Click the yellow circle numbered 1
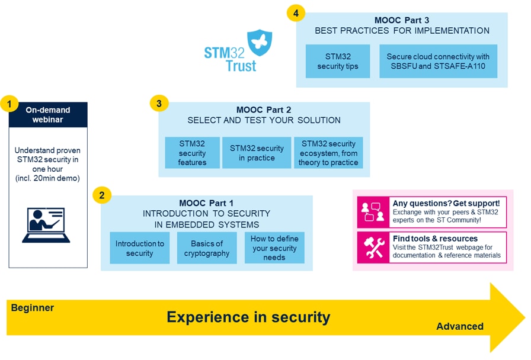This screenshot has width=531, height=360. pos(9,105)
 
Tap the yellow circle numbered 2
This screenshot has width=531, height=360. pos(101,195)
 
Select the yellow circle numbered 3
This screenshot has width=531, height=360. pos(159,104)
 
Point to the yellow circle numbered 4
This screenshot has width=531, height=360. pos(296,13)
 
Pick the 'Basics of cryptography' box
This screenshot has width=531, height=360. pos(207,248)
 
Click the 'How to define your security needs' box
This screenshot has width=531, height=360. pos(274,247)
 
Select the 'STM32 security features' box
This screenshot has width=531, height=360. pos(192,153)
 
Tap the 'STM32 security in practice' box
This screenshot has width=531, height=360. pos(257,153)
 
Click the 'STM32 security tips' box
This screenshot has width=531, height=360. pos(338,61)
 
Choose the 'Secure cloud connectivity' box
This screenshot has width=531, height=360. pos(438,61)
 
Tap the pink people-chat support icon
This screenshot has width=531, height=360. pos(372,212)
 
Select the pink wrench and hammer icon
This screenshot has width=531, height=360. pos(372,247)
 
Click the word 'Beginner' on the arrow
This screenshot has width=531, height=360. pos(33,308)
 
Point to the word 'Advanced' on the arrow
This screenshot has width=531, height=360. pos(460,326)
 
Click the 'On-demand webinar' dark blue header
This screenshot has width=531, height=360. pos(48,115)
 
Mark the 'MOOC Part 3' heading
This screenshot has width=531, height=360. pos(402,20)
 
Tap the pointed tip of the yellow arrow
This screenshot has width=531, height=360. pos(523,318)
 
